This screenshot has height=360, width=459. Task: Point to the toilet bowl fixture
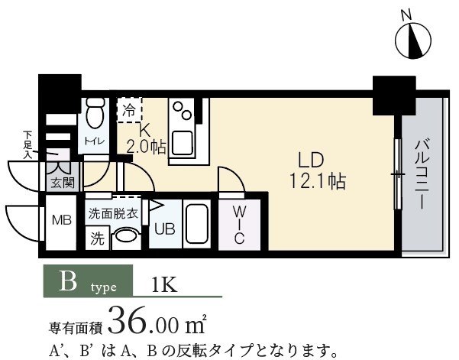95,115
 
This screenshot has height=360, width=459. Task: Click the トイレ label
95,140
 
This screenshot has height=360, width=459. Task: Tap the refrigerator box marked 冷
129,110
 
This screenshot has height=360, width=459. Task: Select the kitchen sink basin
183,143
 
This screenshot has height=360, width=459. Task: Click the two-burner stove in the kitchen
183,115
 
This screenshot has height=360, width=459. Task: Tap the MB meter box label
60,221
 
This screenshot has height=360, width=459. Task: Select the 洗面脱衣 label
112,213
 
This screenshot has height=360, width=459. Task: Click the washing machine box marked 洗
98,238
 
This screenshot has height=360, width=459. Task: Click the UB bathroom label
164,229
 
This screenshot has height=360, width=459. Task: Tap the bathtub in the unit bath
198,225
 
